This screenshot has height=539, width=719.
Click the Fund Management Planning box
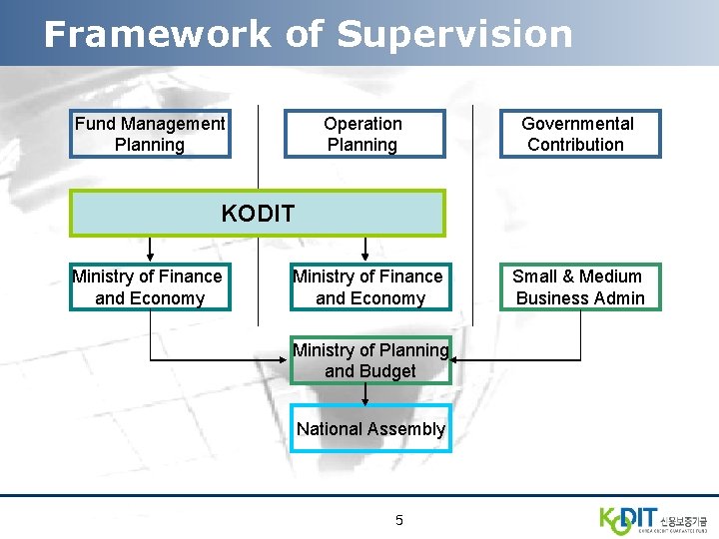(x=150, y=134)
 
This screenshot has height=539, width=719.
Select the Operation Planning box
(x=362, y=134)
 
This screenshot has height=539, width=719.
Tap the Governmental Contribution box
(x=579, y=134)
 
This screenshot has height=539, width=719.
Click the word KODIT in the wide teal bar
(x=258, y=214)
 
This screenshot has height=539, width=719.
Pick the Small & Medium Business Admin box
(x=579, y=287)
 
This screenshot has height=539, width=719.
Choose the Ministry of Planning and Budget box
(x=370, y=360)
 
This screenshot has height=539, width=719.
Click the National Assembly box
(x=370, y=429)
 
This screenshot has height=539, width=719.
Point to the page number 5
(x=399, y=520)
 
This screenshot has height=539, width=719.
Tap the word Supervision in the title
(x=454, y=34)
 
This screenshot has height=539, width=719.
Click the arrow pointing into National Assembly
(x=365, y=398)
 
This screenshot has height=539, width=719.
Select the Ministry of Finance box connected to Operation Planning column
(x=367, y=287)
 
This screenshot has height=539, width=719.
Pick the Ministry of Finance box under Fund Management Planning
(x=149, y=287)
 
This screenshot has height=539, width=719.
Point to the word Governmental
(x=577, y=124)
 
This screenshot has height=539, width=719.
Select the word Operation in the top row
(x=362, y=124)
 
